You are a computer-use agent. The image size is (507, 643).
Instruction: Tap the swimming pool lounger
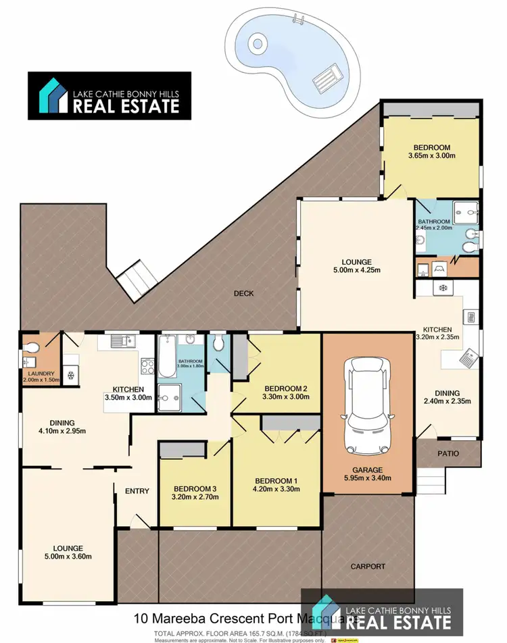pos(329,76)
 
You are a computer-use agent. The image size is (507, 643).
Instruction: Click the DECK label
pos(243,294)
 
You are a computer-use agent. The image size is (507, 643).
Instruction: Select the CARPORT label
pos(368,567)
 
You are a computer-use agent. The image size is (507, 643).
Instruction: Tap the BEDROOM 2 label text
pos(286,388)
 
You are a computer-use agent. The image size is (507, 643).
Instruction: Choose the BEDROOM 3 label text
pos(195,489)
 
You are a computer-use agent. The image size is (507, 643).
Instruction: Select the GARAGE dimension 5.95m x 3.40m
pos(367,479)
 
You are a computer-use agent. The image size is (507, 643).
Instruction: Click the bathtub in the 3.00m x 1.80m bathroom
pos(167,357)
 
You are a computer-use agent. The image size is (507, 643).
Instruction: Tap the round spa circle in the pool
pos(257,45)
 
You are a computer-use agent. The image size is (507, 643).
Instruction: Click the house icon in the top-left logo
pos(50,95)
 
